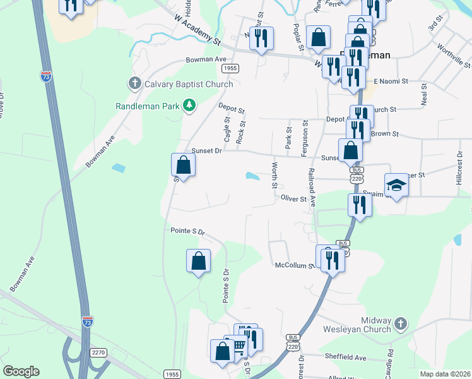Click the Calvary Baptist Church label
click(x=189, y=84)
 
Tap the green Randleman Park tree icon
click(x=189, y=106)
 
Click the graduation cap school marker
click(x=396, y=185)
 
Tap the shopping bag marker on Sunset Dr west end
click(x=183, y=165)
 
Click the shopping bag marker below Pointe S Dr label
click(x=199, y=260)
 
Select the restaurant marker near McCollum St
click(x=332, y=260)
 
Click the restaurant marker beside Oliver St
click(x=359, y=205)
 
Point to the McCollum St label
click(x=293, y=266)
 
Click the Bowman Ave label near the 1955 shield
click(x=206, y=59)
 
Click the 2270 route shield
click(x=98, y=352)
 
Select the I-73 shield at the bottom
click(x=87, y=322)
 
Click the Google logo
click(x=21, y=371)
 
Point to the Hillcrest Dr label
click(x=459, y=166)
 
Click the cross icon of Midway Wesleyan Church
click(x=399, y=325)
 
